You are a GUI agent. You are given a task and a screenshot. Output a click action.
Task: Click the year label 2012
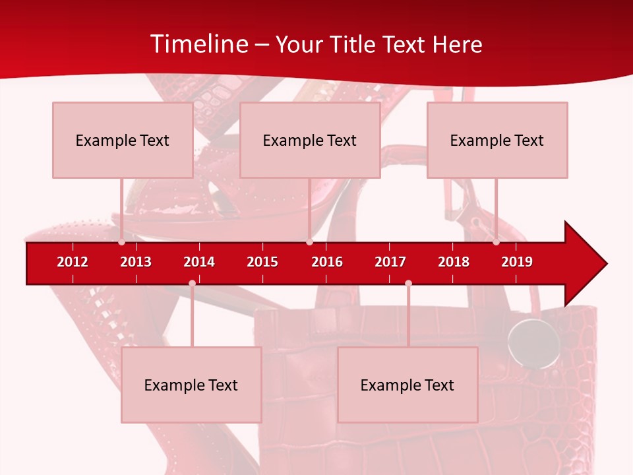(73, 262)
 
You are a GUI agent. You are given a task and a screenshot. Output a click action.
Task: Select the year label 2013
(136, 262)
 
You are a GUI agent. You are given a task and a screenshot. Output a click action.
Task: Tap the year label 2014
(199, 262)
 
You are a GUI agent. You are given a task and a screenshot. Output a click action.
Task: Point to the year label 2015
(262, 262)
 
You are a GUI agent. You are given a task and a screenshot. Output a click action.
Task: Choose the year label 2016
(327, 262)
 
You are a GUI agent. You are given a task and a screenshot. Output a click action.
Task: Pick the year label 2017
(390, 262)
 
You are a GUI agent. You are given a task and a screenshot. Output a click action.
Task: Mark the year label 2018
(454, 262)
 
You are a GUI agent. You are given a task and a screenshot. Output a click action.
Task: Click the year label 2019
(517, 262)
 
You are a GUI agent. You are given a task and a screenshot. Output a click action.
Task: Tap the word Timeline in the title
(199, 44)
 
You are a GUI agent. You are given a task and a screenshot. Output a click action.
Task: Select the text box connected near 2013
(123, 140)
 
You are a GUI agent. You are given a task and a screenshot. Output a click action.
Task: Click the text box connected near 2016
(310, 140)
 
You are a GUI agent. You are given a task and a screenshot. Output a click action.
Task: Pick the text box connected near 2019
(497, 140)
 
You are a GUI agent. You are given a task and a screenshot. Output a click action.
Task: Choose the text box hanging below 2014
(191, 385)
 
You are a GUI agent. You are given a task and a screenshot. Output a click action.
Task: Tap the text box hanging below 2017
(407, 385)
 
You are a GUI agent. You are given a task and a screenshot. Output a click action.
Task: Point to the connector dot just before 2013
(122, 242)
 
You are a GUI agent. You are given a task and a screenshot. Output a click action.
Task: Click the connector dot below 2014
(192, 283)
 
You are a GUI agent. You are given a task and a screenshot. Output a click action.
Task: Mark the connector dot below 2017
(408, 283)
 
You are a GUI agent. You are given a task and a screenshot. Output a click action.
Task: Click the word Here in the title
(457, 44)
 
